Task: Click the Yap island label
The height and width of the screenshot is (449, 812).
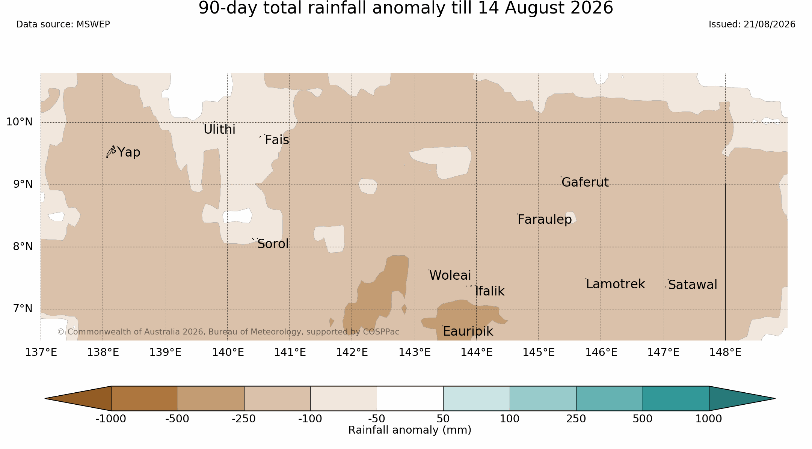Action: point(129,152)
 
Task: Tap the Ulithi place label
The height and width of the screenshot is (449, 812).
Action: point(219,129)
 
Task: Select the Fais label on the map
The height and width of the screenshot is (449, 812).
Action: point(277,140)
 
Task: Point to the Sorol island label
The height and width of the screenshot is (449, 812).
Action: point(273,244)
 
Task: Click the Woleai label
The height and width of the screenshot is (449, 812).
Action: point(450,275)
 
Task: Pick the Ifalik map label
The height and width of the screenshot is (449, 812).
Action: point(490,291)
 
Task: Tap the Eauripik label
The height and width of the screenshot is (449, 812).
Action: point(468,331)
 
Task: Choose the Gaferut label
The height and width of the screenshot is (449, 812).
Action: point(585,182)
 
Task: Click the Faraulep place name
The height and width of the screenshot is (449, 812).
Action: point(545,219)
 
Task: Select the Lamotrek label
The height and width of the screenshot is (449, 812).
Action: point(615,284)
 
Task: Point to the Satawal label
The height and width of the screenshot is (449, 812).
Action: point(693,285)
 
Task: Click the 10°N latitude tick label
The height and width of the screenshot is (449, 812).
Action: point(20,122)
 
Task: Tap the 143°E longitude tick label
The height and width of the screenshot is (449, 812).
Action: point(414,352)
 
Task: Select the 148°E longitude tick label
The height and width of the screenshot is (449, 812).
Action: point(725,352)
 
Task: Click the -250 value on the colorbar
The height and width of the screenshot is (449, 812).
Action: point(244,419)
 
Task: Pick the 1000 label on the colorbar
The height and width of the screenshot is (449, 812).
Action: point(709,419)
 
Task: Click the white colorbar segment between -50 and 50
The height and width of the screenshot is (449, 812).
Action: point(410,398)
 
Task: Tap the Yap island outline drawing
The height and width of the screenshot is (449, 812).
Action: point(111,151)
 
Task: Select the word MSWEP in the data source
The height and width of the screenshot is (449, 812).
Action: point(93,24)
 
